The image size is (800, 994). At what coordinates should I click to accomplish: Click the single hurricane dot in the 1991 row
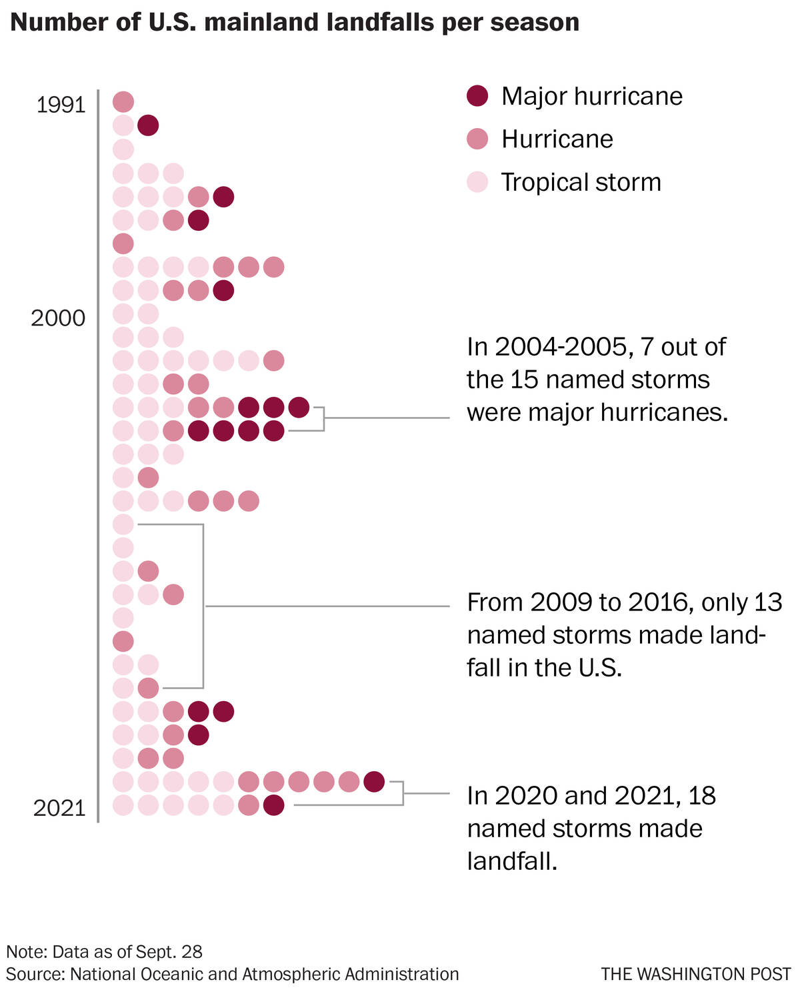123,102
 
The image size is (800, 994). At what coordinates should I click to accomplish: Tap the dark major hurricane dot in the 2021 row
273,805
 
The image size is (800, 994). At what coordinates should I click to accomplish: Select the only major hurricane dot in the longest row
374,781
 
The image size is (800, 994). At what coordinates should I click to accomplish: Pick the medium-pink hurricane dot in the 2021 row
249,805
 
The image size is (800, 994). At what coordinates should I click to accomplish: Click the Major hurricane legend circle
477,96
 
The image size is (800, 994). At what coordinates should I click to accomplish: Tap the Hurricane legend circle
477,139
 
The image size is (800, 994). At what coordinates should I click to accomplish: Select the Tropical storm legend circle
477,181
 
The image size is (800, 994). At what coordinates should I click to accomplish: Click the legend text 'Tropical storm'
581,182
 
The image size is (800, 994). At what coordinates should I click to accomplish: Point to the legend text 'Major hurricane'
592,97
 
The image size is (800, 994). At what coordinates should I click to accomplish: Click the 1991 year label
61,105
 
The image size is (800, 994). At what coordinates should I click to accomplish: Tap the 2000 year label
58,318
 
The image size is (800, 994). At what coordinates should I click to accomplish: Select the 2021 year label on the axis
59,808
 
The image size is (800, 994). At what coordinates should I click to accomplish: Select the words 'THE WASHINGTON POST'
695,974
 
